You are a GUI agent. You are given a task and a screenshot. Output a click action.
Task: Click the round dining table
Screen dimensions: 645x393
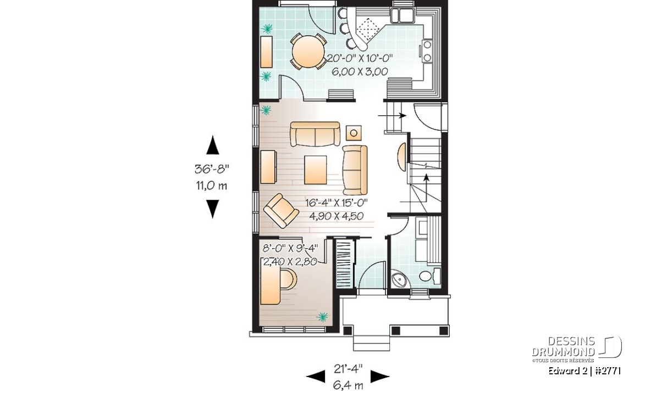coord(308,52)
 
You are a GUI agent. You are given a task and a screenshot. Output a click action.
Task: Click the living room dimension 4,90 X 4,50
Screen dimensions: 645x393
coord(336,216)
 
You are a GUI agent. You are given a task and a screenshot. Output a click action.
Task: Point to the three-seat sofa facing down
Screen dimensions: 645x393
coord(315,134)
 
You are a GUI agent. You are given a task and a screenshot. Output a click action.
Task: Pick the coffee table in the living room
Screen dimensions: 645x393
coord(316,170)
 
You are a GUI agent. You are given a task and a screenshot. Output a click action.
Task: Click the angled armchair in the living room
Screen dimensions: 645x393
coord(281,211)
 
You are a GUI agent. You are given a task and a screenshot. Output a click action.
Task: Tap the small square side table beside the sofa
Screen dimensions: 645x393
coord(354,133)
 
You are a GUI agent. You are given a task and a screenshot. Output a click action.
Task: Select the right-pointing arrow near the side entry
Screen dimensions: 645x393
coord(392,116)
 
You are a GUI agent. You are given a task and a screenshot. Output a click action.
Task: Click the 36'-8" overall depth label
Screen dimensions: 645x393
coord(212,169)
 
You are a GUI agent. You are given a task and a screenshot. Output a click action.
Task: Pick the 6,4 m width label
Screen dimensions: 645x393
coord(348,385)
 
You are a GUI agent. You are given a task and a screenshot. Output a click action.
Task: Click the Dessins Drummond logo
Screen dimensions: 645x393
coord(576,349)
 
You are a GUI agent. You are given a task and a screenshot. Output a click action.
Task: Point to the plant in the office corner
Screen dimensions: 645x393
coord(322,317)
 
